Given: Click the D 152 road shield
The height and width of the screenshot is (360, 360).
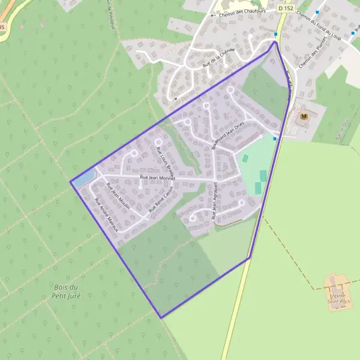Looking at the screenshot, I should click(x=286, y=8).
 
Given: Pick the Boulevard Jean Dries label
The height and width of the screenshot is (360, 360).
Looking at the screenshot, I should click(x=226, y=137).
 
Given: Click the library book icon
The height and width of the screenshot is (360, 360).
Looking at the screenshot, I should click(x=303, y=115).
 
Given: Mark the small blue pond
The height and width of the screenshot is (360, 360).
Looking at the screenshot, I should click(x=84, y=177).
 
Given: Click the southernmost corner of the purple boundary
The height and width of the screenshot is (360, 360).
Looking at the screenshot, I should click(x=161, y=317).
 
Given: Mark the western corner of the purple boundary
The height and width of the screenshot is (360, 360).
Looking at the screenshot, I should click(x=71, y=181).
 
